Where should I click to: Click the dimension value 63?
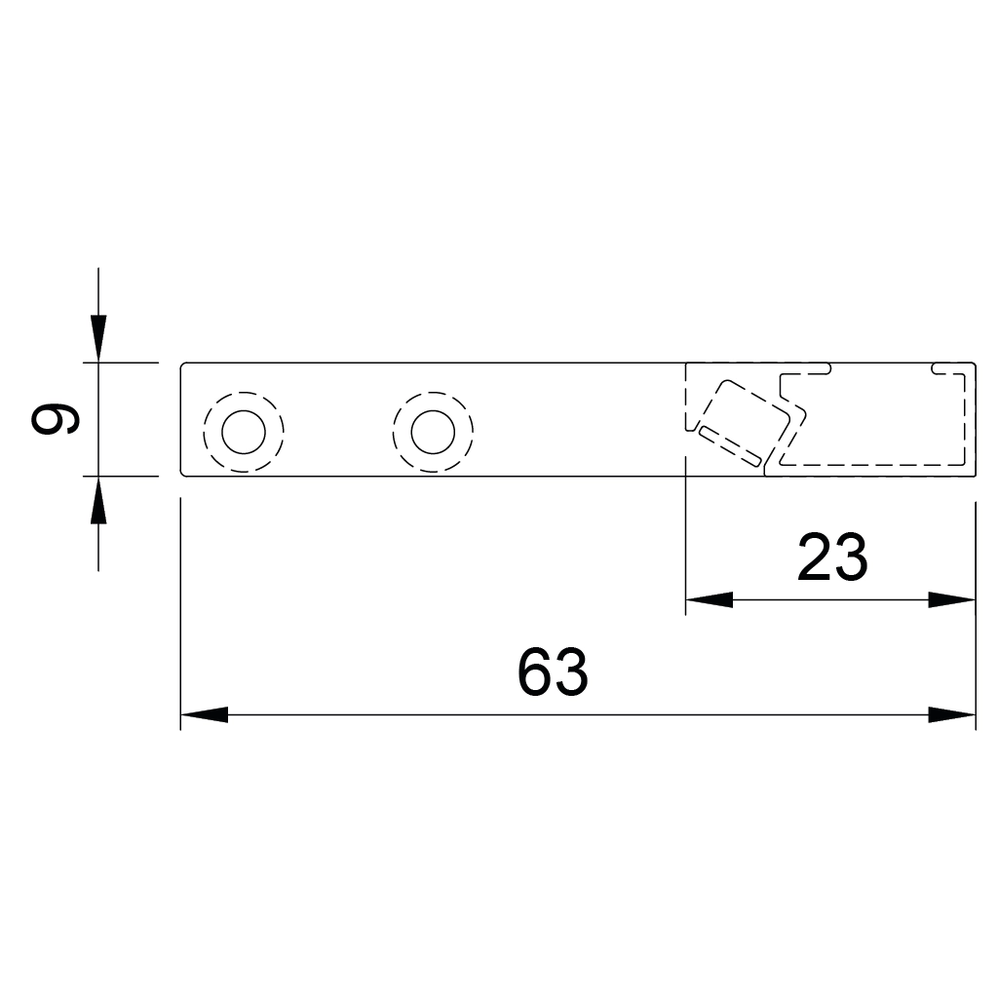(553, 672)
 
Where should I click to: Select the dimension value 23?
(831, 557)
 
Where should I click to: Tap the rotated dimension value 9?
(56, 420)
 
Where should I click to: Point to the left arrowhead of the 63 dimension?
(204, 714)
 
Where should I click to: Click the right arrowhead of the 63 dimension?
(952, 714)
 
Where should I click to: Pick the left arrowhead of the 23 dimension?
(709, 599)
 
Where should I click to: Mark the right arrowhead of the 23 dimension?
(952, 599)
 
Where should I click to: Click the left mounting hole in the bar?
(243, 433)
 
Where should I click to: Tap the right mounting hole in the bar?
(433, 433)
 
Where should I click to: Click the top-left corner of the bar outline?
(182, 364)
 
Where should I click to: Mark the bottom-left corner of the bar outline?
(182, 475)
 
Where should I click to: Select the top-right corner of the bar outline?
(974, 364)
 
